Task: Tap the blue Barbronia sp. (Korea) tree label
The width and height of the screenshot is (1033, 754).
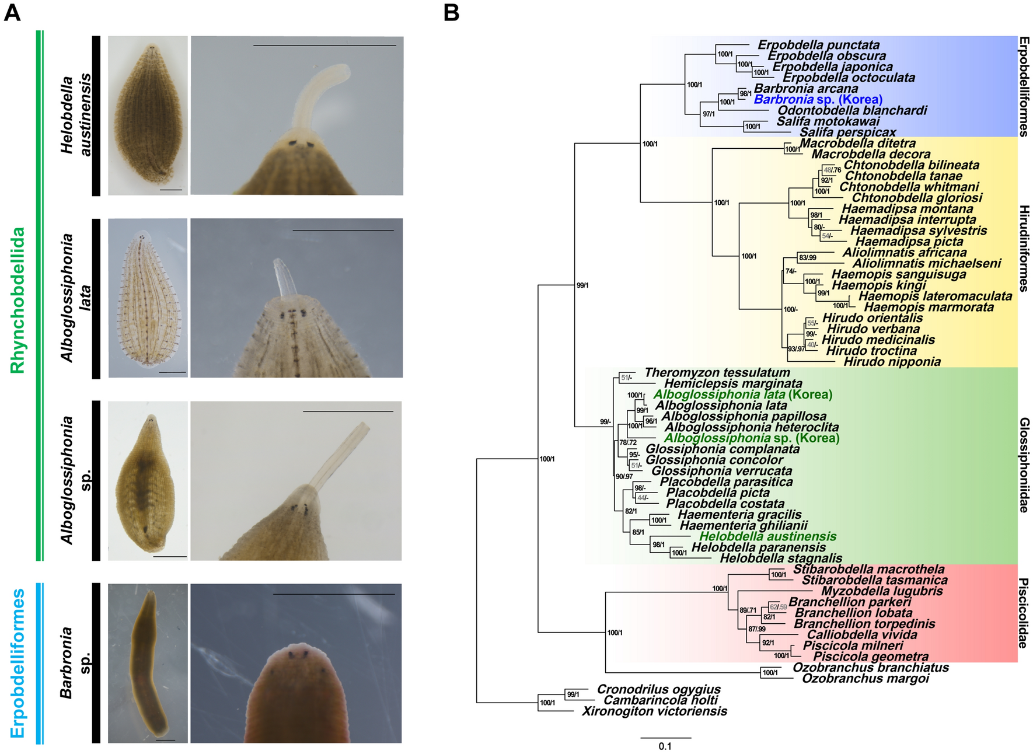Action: coord(818,99)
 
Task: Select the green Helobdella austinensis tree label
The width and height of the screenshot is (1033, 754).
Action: coord(767,536)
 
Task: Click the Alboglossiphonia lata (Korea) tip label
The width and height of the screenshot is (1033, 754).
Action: coord(742,395)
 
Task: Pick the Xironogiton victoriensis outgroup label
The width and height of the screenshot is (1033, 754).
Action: coord(654,711)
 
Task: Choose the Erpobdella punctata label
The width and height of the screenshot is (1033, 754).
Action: coord(818,45)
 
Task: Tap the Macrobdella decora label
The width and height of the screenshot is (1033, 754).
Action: coord(870,154)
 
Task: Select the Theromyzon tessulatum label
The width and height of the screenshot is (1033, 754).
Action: coord(717,372)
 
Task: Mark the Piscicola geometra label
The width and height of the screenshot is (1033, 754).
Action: coord(870,657)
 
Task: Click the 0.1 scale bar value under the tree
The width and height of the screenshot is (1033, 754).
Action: coord(665,746)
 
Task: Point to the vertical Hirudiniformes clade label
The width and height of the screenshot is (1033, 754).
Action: coord(1024,248)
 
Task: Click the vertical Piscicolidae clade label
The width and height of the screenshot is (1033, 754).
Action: coord(1024,613)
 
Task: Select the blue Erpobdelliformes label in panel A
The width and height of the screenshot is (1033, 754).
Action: coord(18,663)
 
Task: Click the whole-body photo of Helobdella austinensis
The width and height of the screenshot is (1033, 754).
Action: coord(148,116)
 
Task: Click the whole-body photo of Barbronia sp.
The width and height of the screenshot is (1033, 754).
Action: coord(148,663)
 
